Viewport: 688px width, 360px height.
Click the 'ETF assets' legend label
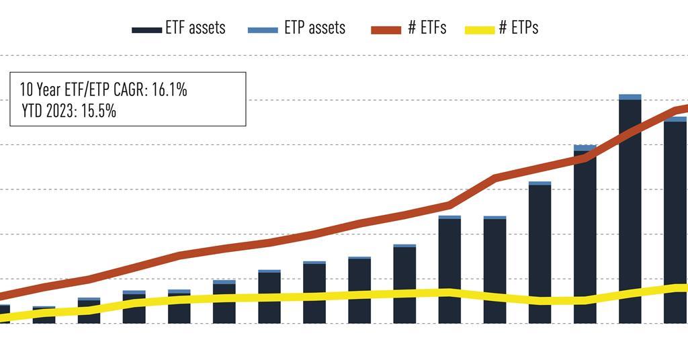coord(196,28)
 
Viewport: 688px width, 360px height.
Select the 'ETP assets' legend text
coord(315,28)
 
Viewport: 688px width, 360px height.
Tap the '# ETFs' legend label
coord(427,28)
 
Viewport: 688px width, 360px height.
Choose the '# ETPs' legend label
coord(519,28)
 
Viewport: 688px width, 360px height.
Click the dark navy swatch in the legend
coord(147,30)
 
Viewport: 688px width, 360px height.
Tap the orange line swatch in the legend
coord(386,30)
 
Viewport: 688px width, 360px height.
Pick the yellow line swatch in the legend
coord(478,30)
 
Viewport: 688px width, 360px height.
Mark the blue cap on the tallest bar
coord(630,97)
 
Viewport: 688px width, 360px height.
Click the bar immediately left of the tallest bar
coord(585,235)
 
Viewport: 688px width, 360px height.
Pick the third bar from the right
coord(585,235)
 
